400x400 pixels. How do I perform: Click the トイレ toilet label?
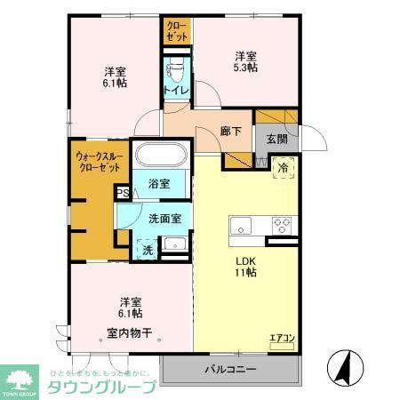coord(174,91)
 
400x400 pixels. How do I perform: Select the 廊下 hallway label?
coord(231,132)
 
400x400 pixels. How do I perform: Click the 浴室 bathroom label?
coord(159,187)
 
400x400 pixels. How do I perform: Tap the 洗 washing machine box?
coord(147,250)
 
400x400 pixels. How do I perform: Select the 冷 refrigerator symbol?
coord(284,168)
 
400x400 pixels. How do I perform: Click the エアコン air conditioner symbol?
coord(282,339)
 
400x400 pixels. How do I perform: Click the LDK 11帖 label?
coord(246,267)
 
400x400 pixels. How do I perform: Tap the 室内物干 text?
coord(130,333)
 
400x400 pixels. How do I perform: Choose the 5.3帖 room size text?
coord(246,67)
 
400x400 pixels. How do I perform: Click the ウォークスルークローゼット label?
coord(96,161)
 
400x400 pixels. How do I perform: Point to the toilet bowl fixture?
coord(175,67)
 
